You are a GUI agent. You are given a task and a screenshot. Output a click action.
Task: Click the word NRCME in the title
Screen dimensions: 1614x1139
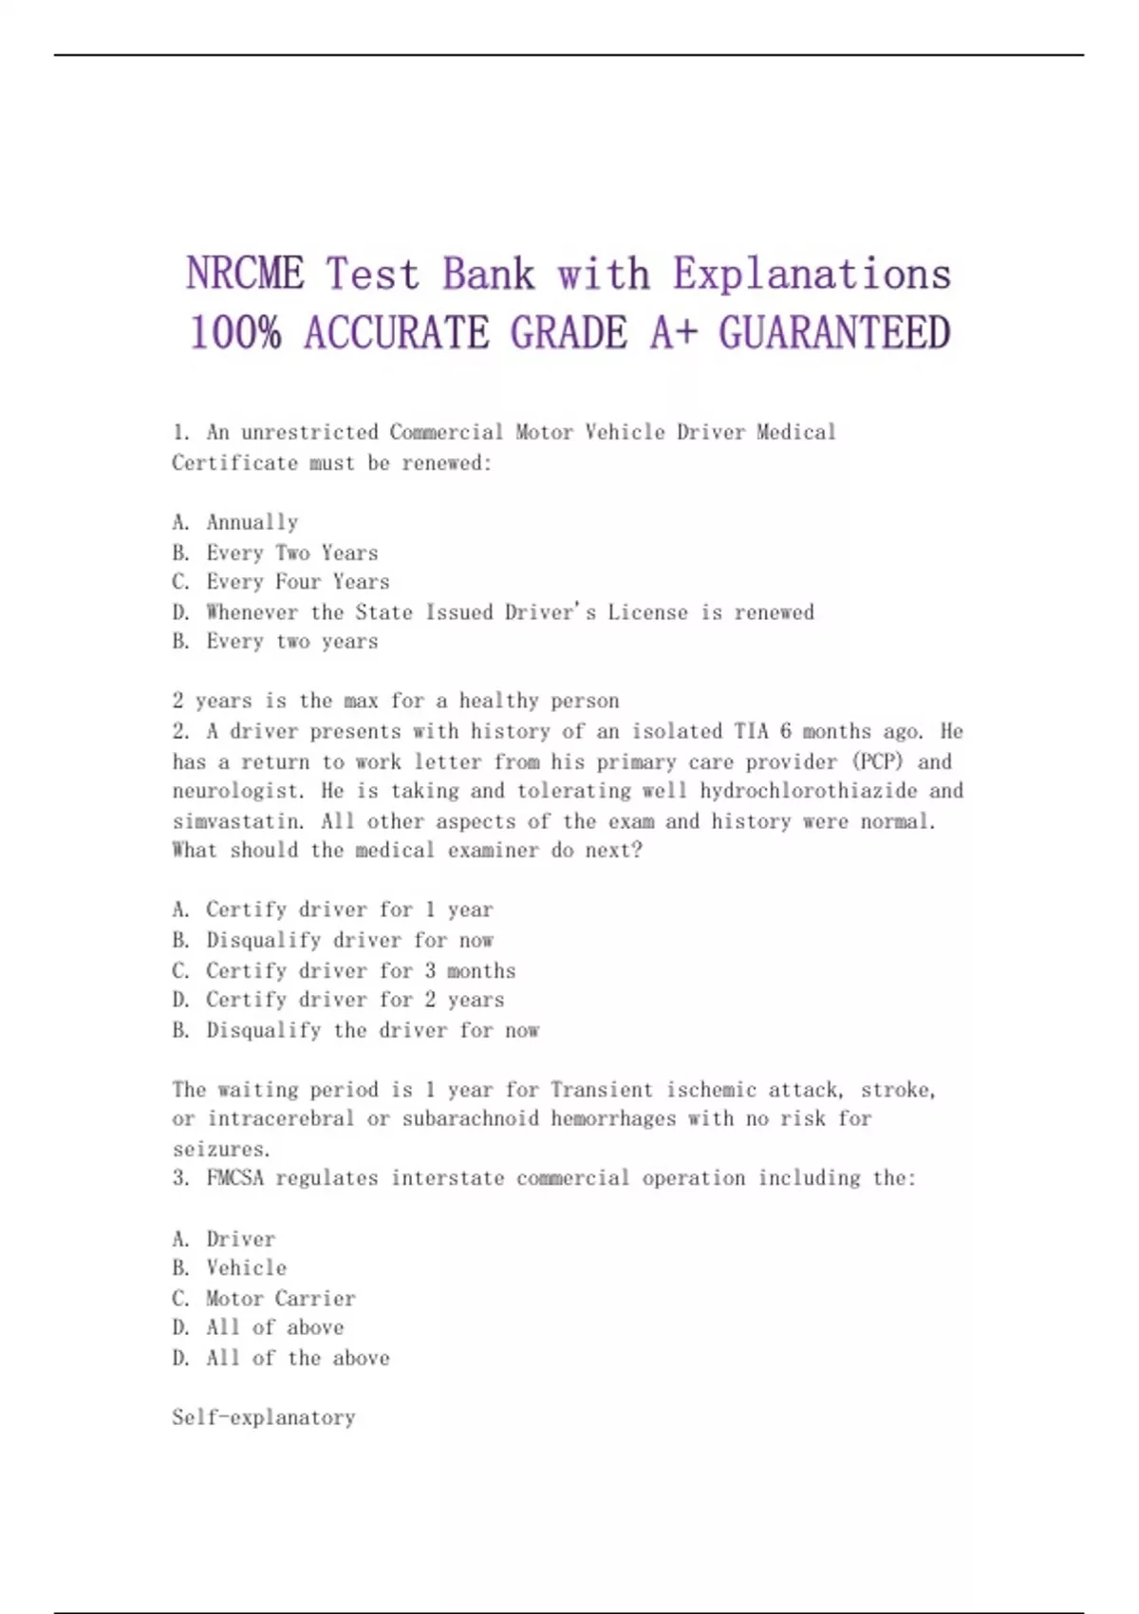coord(245,274)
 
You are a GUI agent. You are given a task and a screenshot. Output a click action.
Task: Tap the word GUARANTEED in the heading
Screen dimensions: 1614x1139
coord(834,333)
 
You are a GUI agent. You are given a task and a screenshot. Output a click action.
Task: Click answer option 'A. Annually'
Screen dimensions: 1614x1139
coord(235,522)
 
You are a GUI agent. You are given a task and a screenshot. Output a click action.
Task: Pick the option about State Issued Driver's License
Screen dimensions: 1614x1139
coord(493,612)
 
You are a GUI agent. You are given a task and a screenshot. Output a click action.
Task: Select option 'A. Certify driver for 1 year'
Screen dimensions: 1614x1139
coord(332,910)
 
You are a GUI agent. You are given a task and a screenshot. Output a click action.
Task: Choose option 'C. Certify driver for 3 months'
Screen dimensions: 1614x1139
coord(344,970)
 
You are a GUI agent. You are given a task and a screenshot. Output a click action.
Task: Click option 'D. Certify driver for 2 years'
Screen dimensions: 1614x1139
coord(338,1000)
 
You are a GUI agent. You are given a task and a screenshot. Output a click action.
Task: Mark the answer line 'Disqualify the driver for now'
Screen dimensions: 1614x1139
coord(356,1030)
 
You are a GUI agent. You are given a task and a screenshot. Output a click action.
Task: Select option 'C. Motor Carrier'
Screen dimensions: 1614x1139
coord(264,1298)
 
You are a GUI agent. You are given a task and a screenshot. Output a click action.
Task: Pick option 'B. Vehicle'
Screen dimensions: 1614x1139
coord(229,1267)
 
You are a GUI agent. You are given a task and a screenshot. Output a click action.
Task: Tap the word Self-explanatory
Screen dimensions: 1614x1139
coord(264,1417)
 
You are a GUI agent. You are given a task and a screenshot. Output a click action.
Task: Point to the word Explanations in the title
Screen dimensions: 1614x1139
coord(812,274)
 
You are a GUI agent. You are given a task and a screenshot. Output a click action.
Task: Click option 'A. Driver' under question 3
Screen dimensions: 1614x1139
coord(223,1239)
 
